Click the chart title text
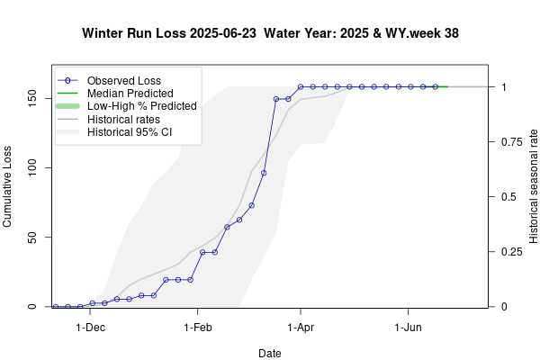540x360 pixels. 271,33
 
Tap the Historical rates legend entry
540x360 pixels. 123,119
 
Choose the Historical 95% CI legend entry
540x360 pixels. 130,131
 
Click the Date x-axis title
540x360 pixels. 270,354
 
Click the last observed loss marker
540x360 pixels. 435,86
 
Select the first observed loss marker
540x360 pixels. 56,307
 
